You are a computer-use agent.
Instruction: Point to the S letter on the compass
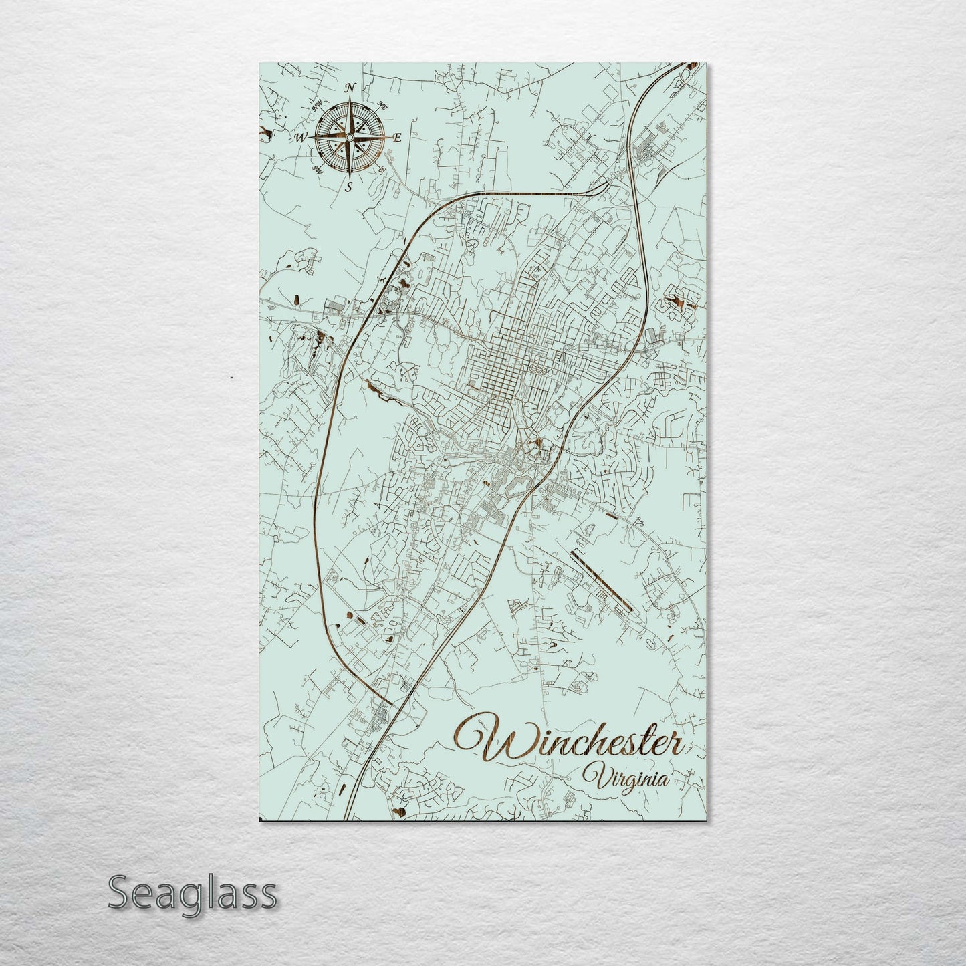click(348, 187)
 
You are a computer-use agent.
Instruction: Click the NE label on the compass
click(383, 104)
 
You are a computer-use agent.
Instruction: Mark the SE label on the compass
click(382, 170)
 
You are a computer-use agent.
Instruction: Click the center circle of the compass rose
click(348, 137)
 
